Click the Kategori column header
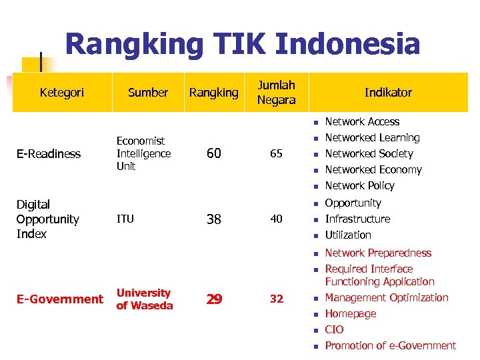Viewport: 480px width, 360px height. pos(62,93)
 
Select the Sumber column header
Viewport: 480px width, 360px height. pos(147,93)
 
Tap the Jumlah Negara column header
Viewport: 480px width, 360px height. pos(276,92)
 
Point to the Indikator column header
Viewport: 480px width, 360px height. pos(388,93)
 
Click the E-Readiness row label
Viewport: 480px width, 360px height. pos(49,154)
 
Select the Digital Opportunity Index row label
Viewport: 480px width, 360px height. pos(47,219)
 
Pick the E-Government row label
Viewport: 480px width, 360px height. pos(59,299)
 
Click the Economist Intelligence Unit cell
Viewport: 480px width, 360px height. pos(143,153)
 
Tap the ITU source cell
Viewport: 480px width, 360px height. pos(125,219)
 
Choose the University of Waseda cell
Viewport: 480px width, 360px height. pos(144,299)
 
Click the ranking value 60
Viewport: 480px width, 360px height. pos(213,154)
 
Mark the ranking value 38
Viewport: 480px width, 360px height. pos(213,219)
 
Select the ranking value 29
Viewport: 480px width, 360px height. pos(213,299)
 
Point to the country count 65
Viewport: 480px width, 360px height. pos(276,154)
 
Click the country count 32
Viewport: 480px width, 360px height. pos(276,299)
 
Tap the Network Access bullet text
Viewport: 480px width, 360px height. pos(362,122)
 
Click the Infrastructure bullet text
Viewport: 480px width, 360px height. pos(357,219)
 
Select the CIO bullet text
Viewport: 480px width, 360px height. pos(334,330)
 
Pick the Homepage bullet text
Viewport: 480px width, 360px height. pos(351,314)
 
